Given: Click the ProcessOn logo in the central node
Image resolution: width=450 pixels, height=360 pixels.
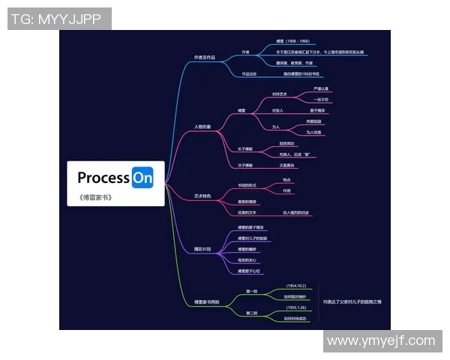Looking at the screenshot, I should coord(115,178).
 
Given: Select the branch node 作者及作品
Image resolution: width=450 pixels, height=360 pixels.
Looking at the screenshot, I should coord(204,57).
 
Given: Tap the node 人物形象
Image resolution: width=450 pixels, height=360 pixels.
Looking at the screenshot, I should coord(202,127).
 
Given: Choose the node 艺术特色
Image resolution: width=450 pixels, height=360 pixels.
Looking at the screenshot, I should coord(202,196).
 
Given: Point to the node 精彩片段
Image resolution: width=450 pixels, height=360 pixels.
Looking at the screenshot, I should coord(202,248).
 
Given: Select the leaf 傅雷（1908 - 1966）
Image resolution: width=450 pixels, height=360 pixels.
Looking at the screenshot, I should coord(292,42).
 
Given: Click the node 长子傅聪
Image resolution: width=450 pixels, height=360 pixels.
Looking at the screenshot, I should coord(245,149).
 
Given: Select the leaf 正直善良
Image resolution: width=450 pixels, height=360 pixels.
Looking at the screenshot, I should coord(287,165).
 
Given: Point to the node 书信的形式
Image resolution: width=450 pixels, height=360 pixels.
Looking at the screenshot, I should coord(247,185).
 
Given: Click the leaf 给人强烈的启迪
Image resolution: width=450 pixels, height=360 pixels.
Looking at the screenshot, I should coord(296,213).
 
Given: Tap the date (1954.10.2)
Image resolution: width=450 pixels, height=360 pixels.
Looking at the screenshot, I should coord(297,286).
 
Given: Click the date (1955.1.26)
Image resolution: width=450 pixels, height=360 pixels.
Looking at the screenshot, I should coord(297,308).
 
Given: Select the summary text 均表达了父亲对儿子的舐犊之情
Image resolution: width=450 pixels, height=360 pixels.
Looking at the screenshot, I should coord(352,302).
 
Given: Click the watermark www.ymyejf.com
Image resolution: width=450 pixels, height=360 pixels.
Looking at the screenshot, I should coord(382,341).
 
